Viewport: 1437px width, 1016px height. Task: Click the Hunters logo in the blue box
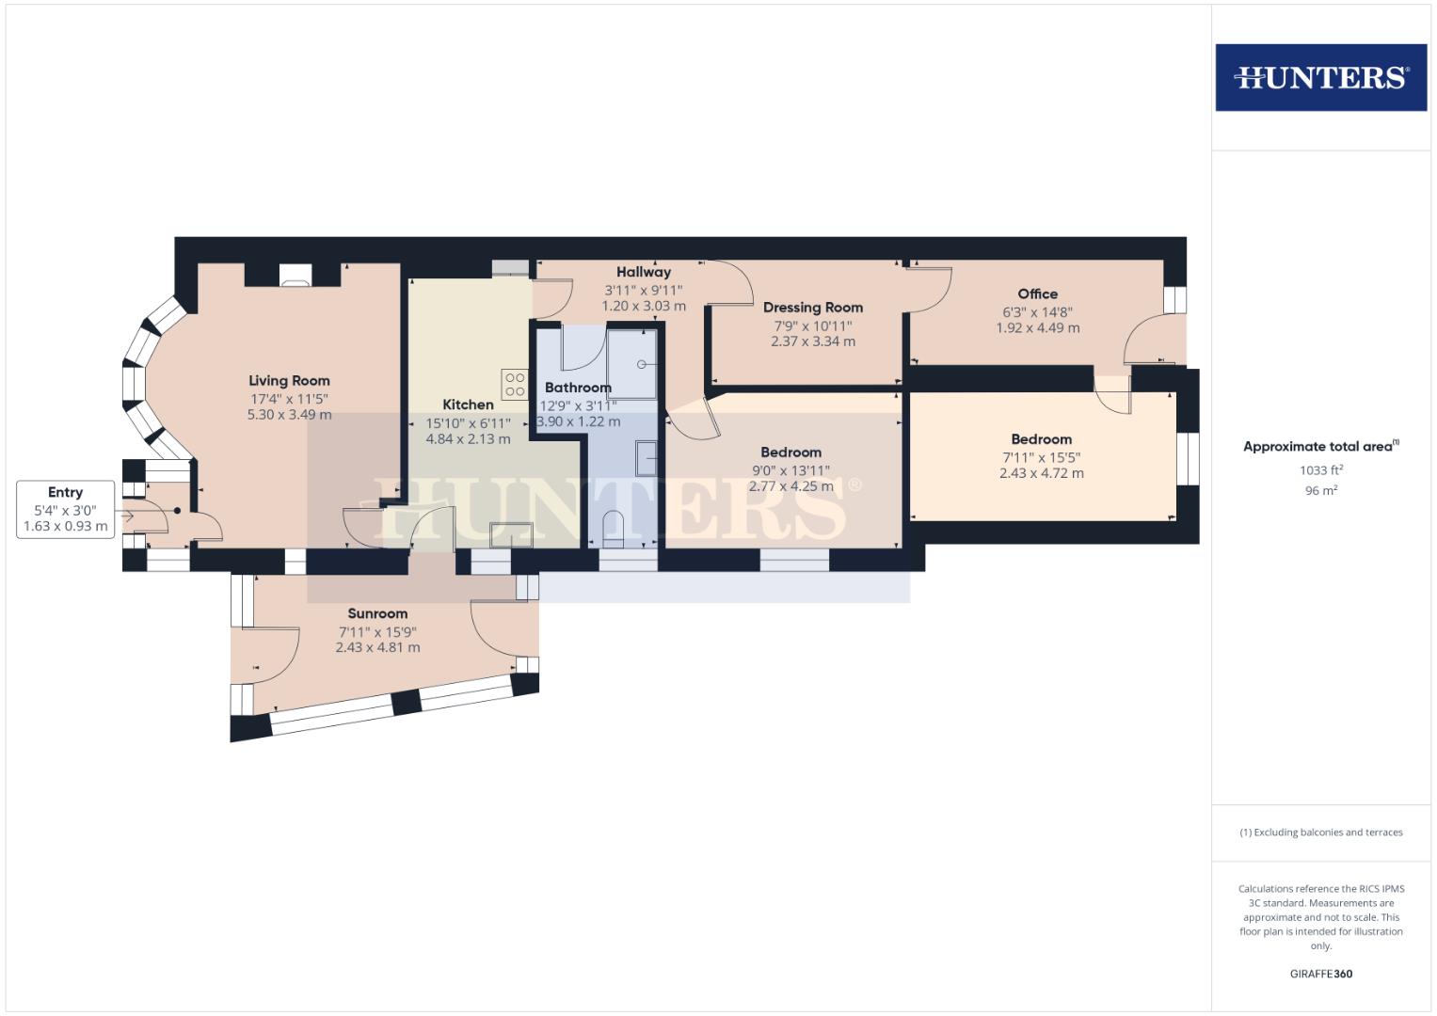(1320, 77)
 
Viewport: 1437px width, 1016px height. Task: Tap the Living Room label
(289, 381)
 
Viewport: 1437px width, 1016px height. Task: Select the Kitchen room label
(468, 405)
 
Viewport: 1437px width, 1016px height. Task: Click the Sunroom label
(377, 613)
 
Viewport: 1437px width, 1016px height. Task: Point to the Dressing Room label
(812, 308)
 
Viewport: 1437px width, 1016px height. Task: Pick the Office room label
(1037, 294)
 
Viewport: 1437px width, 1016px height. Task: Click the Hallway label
(644, 272)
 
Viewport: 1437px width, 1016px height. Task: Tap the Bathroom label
(578, 388)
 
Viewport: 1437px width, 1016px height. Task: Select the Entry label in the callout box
(65, 492)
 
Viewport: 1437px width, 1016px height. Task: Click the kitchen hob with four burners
(515, 384)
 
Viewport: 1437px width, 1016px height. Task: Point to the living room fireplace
(295, 275)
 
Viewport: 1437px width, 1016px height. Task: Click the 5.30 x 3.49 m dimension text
(289, 415)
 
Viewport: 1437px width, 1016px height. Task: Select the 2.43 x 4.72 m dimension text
(1041, 473)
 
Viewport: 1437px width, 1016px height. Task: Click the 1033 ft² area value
(1320, 469)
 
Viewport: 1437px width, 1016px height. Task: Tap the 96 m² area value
(1320, 490)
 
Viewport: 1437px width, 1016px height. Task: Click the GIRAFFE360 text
(1320, 974)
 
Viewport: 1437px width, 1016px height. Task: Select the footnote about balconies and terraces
(1320, 833)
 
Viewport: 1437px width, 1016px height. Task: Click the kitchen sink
(511, 533)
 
